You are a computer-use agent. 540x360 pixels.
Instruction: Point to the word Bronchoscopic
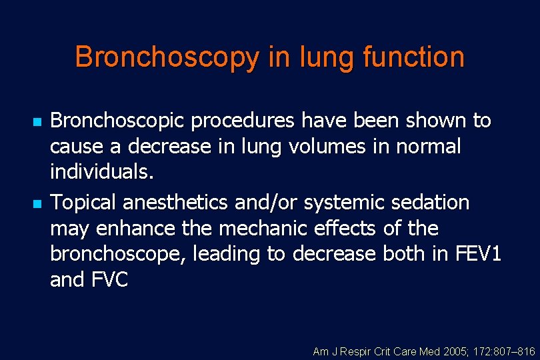pyautogui.click(x=119, y=122)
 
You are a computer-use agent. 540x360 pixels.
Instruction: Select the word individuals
pyautogui.click(x=102, y=172)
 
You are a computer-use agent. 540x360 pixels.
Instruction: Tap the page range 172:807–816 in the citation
pyautogui.click(x=509, y=351)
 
